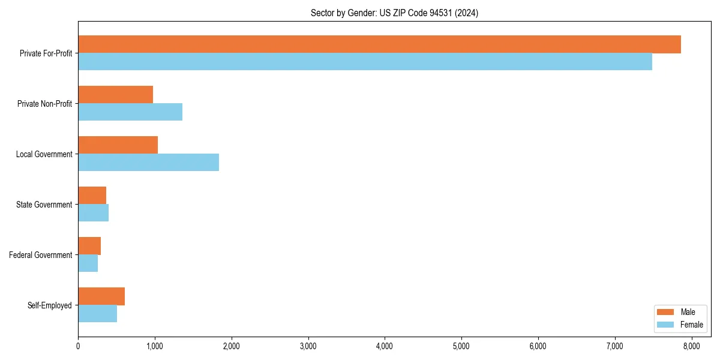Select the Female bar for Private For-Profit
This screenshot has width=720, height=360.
[365, 61]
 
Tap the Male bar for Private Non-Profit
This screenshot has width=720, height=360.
[115, 95]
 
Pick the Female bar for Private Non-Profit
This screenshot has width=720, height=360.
[130, 112]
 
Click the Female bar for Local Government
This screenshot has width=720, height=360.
[148, 162]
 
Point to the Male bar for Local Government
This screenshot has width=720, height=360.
[118, 145]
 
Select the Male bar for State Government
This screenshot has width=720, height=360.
[92, 196]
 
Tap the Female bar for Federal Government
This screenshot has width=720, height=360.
[88, 263]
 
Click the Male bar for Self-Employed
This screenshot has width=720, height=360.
[101, 296]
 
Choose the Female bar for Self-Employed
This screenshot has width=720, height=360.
[97, 313]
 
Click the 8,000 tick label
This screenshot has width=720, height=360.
[691, 346]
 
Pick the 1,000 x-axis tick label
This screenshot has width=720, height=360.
[155, 346]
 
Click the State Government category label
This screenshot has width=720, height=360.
[44, 205]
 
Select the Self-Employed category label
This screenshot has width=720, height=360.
[49, 305]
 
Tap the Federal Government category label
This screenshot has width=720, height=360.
[40, 255]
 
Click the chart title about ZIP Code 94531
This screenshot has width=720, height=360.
[394, 13]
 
